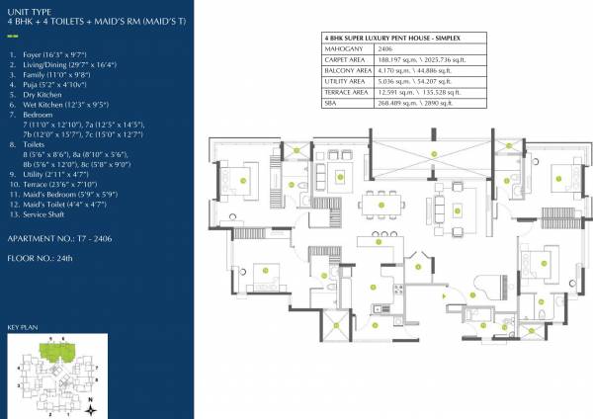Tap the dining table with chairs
pyautogui.click(x=381, y=208)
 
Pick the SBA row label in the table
pyautogui.click(x=331, y=101)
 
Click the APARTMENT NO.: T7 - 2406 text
pyautogui.click(x=59, y=239)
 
